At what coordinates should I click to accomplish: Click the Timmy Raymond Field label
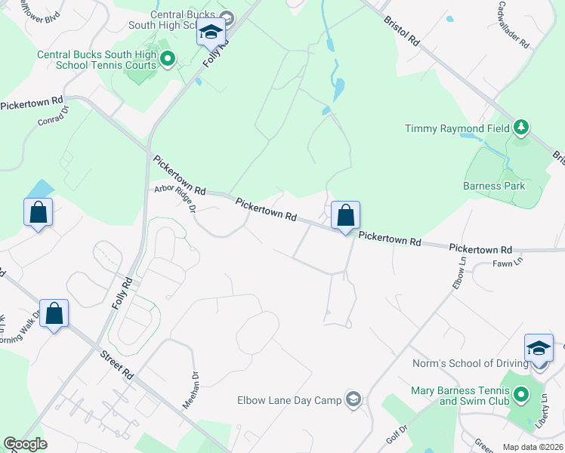point(457,129)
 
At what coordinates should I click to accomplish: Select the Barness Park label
point(493,186)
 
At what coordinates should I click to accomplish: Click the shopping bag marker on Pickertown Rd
point(345,215)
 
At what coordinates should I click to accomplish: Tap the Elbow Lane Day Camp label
point(290,400)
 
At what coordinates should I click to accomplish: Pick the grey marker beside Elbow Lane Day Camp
point(353,399)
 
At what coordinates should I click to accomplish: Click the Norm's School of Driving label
point(470,363)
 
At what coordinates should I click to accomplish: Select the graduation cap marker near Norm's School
point(539,348)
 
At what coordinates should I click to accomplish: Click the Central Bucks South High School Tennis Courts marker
point(168,57)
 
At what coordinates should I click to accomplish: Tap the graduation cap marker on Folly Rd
point(211,33)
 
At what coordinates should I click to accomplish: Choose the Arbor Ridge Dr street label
point(175,199)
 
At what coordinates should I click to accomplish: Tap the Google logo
point(25,444)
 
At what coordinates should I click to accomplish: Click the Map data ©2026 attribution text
point(533,447)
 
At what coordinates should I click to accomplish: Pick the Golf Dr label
point(398,434)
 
